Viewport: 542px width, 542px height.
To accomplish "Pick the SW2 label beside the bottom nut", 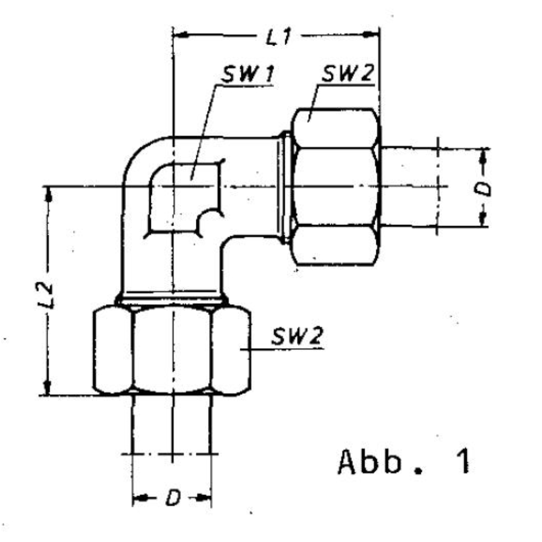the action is tap(297, 336).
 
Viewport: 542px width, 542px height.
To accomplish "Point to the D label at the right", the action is tap(485, 187).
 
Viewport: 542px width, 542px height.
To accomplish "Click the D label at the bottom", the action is tap(173, 498).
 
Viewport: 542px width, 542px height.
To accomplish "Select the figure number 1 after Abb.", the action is tap(463, 461).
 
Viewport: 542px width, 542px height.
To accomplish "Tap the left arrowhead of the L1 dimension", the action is tap(180, 34).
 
